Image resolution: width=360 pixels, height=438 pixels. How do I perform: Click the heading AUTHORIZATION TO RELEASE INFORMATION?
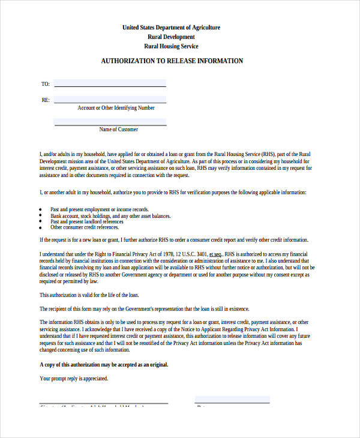pyautogui.click(x=172, y=61)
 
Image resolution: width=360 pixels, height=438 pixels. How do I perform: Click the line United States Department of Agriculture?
pyautogui.click(x=171, y=28)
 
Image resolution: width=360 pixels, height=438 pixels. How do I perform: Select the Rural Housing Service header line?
pyautogui.click(x=171, y=46)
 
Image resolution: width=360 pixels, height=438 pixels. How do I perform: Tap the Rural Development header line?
pyautogui.click(x=171, y=37)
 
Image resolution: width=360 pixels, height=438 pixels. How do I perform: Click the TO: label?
pyautogui.click(x=45, y=84)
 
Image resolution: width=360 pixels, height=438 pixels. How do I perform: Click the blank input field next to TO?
pyautogui.click(x=110, y=83)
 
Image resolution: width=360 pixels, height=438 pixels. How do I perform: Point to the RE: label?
pyautogui.click(x=45, y=100)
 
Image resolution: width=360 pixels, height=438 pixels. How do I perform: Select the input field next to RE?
pyautogui.click(x=110, y=100)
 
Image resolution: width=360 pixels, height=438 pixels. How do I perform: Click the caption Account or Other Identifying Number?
pyautogui.click(x=116, y=108)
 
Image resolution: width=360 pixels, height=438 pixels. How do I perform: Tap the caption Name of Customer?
pyautogui.click(x=118, y=130)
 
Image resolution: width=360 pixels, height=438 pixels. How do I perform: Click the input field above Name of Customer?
pyautogui.click(x=110, y=121)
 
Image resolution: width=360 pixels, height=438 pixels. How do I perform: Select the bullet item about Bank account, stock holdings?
pyautogui.click(x=110, y=216)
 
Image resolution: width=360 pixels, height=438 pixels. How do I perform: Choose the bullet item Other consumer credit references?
pyautogui.click(x=85, y=227)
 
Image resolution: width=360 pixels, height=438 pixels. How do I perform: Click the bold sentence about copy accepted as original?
pyautogui.click(x=104, y=365)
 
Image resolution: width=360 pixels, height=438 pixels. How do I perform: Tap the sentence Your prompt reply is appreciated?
pyautogui.click(x=74, y=379)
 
